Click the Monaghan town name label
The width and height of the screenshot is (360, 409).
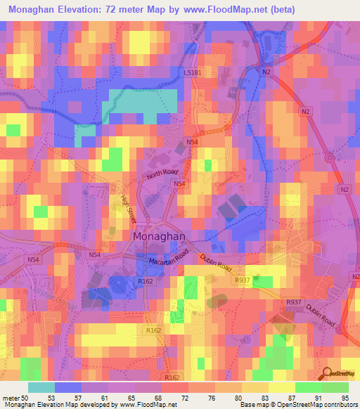(160, 237)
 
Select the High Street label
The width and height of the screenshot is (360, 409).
(125, 209)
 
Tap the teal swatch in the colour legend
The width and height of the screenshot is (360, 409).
(41, 387)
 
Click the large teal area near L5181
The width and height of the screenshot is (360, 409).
(140, 102)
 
